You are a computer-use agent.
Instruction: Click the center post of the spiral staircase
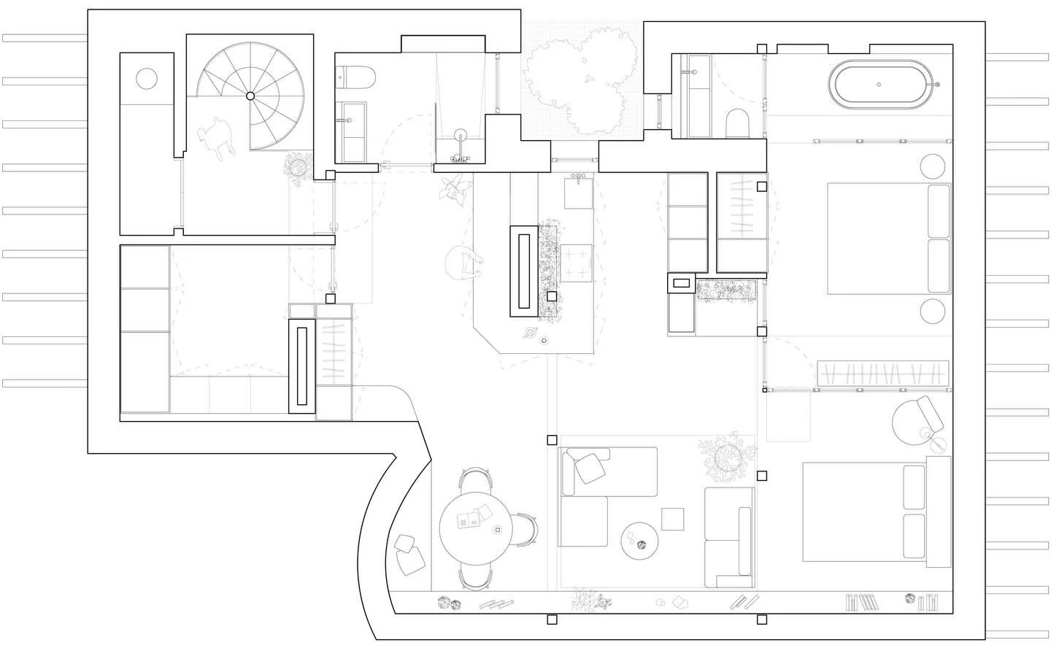250,96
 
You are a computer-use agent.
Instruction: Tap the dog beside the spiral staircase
215,136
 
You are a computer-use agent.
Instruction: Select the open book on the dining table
469,519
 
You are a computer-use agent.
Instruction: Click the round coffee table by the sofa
640,541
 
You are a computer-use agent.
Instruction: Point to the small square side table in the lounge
673,518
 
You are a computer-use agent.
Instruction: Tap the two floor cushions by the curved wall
409,554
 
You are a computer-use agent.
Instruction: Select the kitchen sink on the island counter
579,191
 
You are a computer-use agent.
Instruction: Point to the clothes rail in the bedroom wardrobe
883,373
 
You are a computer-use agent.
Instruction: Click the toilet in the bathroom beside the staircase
356,76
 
